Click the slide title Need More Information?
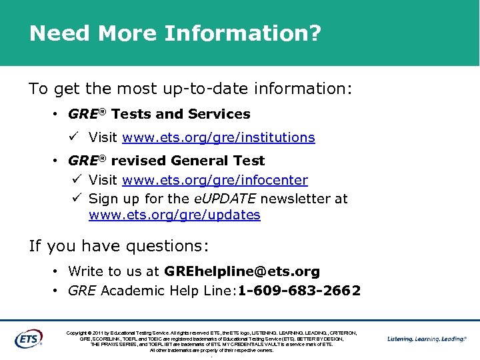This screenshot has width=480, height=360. (175, 33)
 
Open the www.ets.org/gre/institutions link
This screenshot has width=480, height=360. (219, 137)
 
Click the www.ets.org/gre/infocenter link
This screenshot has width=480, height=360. (215, 180)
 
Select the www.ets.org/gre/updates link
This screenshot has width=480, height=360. (174, 215)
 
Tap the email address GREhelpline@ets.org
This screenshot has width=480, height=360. (241, 271)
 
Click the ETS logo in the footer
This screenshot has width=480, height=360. (29, 338)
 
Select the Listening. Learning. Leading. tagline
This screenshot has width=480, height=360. (427, 339)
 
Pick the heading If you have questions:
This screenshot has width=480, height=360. (119, 246)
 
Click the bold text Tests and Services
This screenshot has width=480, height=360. (181, 114)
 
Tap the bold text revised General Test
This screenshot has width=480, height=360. (187, 161)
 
